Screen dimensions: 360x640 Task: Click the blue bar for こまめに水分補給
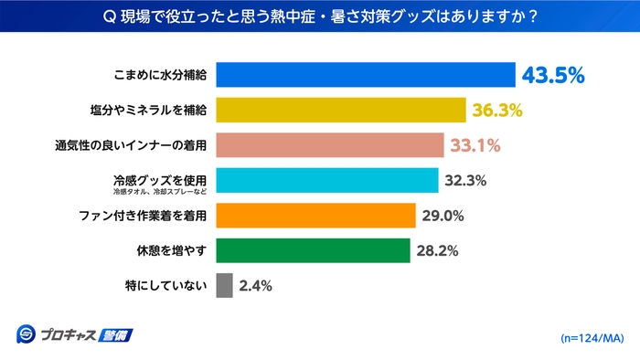(366, 75)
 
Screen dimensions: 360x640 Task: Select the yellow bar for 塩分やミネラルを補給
(341, 111)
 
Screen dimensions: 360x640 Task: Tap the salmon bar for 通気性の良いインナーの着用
(330, 145)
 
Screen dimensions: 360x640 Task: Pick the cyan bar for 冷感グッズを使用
(327, 180)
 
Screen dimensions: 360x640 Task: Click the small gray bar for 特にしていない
(225, 285)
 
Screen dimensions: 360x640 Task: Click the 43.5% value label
(552, 75)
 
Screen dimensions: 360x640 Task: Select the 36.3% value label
(497, 111)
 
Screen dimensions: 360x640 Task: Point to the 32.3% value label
(465, 180)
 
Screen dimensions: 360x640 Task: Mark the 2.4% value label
(255, 285)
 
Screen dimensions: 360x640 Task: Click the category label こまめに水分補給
(157, 75)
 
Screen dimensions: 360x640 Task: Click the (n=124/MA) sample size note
(591, 337)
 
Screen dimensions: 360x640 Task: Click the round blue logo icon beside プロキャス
(26, 334)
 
